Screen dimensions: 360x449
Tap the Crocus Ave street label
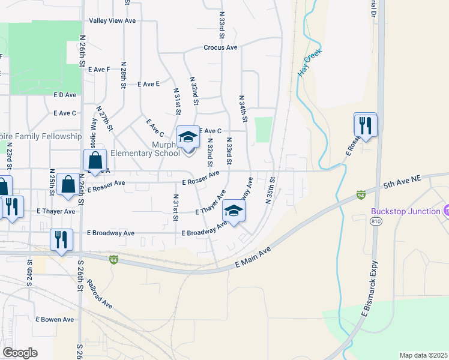pos(220,47)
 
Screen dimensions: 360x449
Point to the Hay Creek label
pos(310,63)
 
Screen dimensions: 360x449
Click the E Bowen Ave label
pos(55,320)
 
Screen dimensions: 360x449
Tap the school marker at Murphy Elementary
pos(188,137)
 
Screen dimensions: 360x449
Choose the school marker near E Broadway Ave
pos(234,211)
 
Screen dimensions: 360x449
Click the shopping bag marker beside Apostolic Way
pos(95,161)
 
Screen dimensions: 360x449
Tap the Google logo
pos(19,352)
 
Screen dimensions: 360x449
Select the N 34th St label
pos(243,109)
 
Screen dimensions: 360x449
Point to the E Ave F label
pos(99,70)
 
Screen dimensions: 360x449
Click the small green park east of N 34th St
pos(263,130)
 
